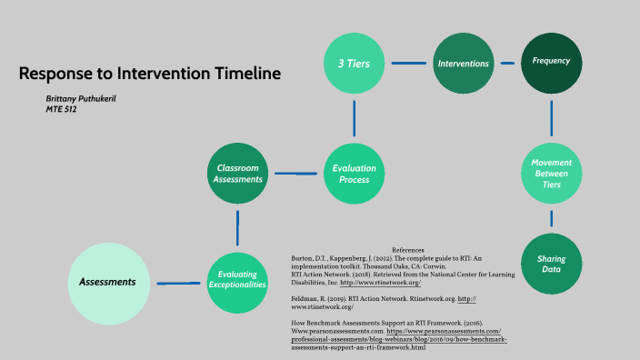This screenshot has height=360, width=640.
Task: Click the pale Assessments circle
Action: (x=107, y=283)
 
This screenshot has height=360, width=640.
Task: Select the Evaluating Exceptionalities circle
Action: (x=237, y=278)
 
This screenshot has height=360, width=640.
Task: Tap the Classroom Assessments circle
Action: (x=237, y=173)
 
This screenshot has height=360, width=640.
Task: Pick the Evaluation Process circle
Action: (x=354, y=174)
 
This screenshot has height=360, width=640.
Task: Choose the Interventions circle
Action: (x=463, y=64)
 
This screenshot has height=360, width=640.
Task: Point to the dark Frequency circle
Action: (x=552, y=62)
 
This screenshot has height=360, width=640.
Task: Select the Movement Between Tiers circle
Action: (x=552, y=173)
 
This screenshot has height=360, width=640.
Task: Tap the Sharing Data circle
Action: (x=552, y=265)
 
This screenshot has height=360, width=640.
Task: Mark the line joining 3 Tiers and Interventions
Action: (x=408, y=64)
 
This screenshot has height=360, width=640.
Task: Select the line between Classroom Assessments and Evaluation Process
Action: (x=295, y=173)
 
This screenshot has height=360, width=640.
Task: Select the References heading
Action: (x=408, y=250)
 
